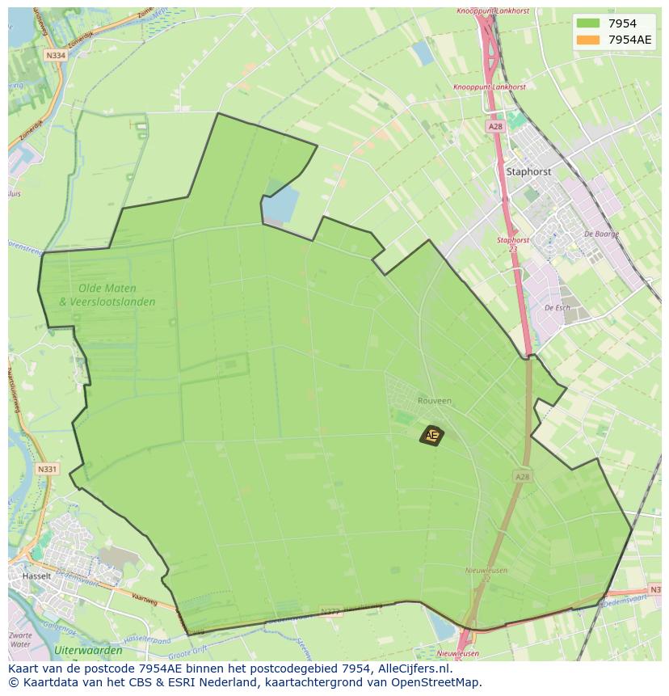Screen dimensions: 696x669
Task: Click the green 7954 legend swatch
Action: click(x=587, y=23)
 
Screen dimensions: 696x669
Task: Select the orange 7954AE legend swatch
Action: click(x=587, y=40)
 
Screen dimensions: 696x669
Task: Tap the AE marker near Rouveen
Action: click(x=431, y=435)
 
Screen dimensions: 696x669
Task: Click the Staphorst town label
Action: click(x=528, y=172)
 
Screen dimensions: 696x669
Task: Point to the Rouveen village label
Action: click(x=435, y=400)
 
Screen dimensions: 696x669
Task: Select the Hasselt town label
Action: click(x=36, y=576)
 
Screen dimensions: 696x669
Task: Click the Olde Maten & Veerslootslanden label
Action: click(x=107, y=295)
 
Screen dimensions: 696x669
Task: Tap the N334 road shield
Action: click(x=56, y=56)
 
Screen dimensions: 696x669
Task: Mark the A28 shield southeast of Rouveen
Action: click(x=523, y=477)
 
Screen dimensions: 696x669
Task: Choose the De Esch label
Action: click(x=557, y=308)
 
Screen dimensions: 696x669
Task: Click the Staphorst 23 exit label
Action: click(x=512, y=243)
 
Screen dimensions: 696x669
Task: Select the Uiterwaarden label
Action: click(x=88, y=650)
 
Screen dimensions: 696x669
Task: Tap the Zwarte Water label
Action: click(x=22, y=640)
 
